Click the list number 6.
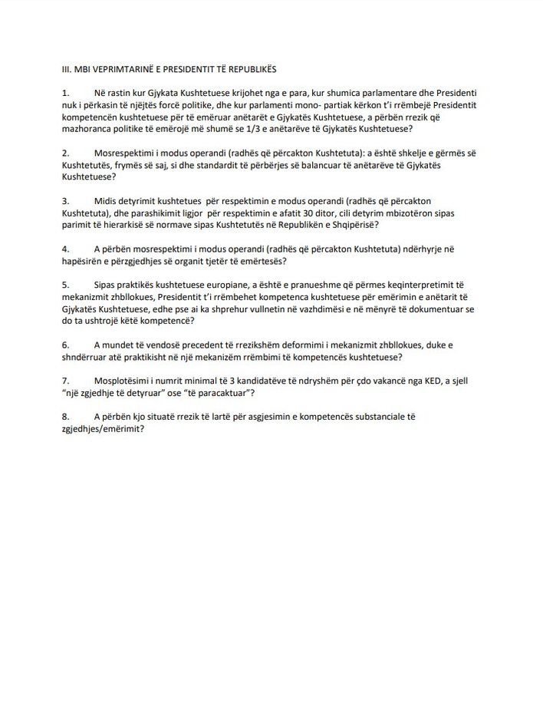coord(66,345)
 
